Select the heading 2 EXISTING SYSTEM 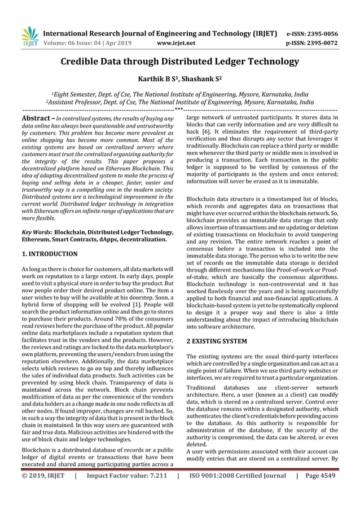pos(216,341)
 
